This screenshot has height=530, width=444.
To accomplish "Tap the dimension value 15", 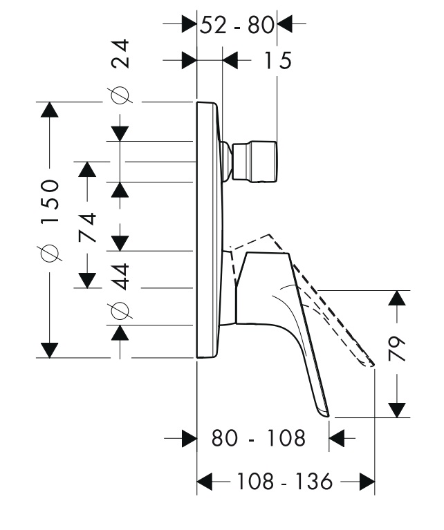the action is pos(277,61).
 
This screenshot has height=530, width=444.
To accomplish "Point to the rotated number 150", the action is pos(50,203).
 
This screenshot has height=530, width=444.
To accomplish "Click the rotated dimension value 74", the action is pos(88,227).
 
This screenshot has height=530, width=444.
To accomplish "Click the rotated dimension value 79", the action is pos(397,354).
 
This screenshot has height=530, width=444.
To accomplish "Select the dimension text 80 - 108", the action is pos(258,438).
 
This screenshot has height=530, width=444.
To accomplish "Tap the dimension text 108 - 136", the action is pos(286,482).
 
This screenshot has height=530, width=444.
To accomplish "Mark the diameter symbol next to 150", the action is pos(50,254).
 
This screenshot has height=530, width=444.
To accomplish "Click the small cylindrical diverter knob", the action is pos(257,162).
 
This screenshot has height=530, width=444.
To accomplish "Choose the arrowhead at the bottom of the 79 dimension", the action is pos(397,410).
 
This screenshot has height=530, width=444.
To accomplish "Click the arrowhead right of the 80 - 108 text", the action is pos(337,438).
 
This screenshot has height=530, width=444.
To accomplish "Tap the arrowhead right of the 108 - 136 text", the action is pos(367,482).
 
